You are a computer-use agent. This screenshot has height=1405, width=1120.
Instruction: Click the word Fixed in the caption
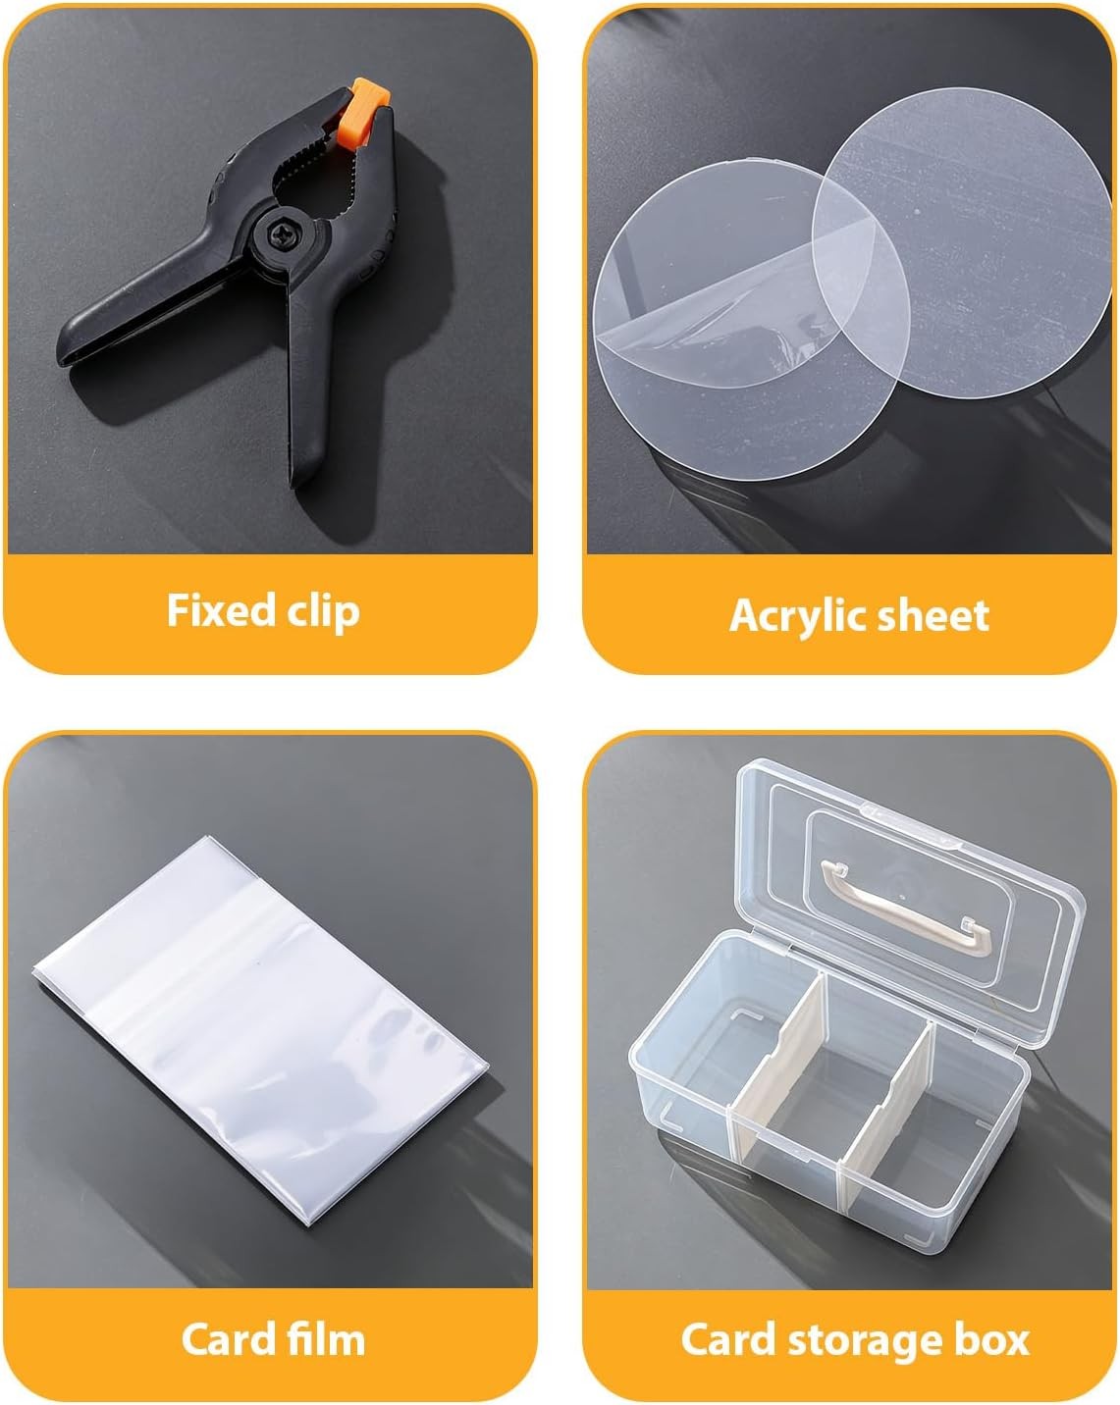point(221,610)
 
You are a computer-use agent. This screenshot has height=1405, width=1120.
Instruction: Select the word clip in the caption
point(324,612)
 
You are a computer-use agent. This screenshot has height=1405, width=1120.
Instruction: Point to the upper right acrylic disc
point(961,243)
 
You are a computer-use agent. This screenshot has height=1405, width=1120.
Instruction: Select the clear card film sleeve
point(261,1030)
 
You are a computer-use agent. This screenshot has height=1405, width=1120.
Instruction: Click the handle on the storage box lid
point(906,909)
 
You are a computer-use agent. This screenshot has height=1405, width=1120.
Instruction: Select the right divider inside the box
point(885,1119)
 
